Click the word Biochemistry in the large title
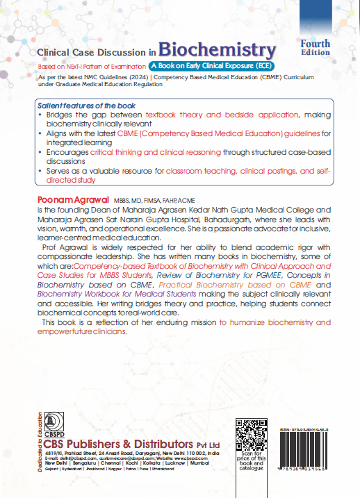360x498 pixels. coord(217,50)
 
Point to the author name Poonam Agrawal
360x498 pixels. coord(67,199)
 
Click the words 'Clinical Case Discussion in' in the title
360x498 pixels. coord(95,52)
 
